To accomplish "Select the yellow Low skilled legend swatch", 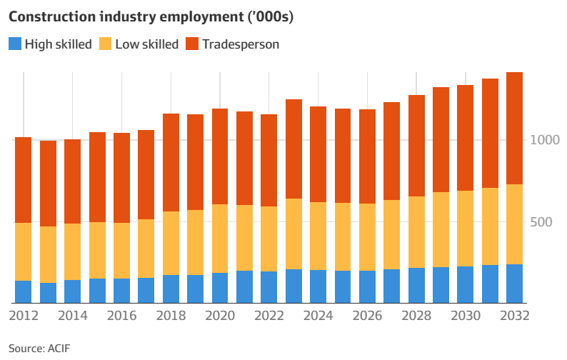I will click(104, 44).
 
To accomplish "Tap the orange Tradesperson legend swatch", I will click(191, 44).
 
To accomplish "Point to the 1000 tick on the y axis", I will click(543, 140).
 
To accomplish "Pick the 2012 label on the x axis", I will click(23, 316).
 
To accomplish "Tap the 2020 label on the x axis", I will click(219, 316).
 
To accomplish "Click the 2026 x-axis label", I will click(367, 316).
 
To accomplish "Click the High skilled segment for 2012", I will click(23, 292).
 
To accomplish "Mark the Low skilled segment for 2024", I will click(318, 236).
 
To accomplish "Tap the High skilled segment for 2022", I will click(269, 287).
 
